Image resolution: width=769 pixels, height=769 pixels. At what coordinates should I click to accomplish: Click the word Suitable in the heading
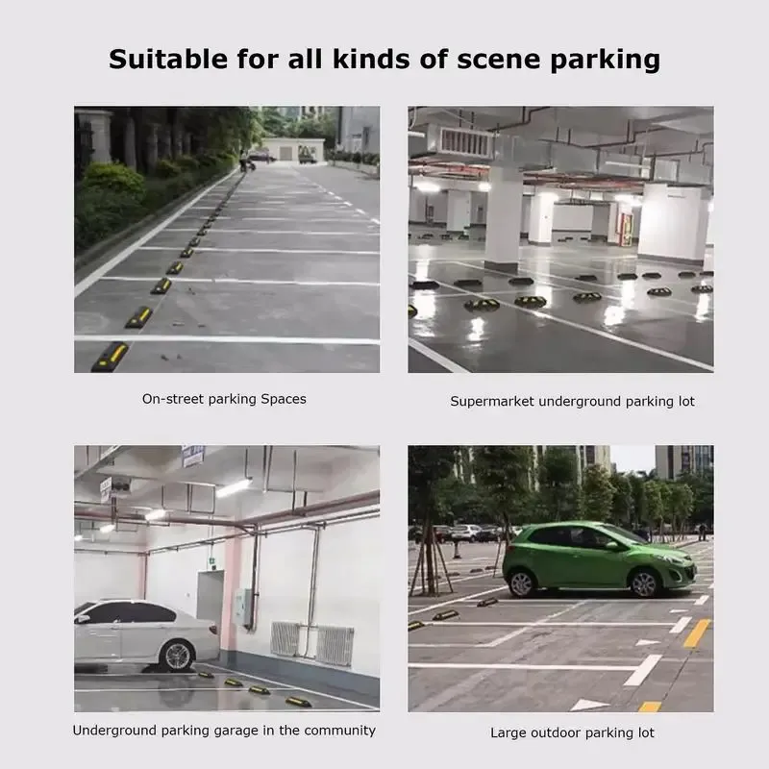pos(168,59)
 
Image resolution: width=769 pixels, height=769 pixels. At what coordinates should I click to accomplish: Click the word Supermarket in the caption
pos(492,402)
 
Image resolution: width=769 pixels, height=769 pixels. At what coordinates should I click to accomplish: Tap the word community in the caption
pos(339,731)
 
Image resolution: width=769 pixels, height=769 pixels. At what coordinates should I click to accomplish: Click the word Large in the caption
pos(508,733)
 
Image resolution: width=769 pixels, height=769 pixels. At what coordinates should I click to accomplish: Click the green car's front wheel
pos(644,583)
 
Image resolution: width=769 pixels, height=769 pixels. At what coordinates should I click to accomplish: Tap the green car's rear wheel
pos(521,583)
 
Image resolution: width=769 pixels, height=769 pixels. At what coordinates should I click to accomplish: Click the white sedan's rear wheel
pos(178,656)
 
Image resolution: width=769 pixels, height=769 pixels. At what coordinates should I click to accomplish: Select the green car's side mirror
pos(611,545)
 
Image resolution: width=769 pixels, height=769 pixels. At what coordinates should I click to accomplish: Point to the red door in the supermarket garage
pos(626,230)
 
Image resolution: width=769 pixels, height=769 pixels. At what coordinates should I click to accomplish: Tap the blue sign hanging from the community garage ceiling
pos(193,456)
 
